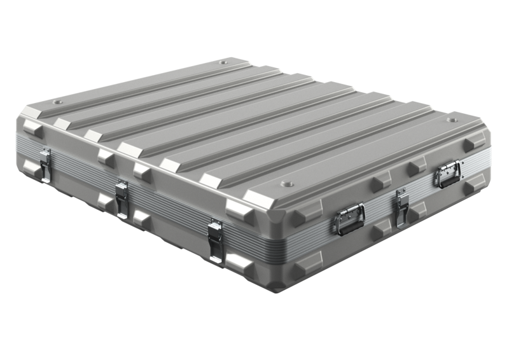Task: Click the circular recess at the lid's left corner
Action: [60, 102]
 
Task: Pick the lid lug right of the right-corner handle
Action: [471, 146]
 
